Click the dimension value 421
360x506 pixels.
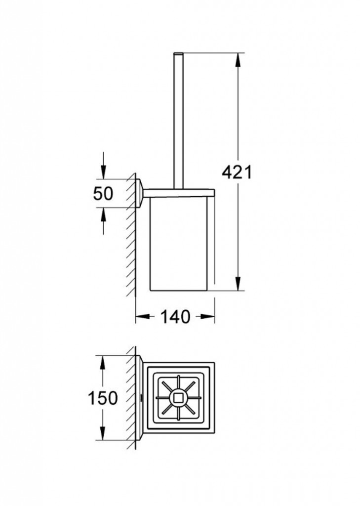pos(237,172)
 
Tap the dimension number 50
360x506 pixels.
pos(103,193)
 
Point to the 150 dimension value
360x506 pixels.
pos(103,398)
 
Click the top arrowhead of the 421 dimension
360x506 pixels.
pos(238,59)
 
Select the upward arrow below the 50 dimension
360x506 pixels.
pos(103,213)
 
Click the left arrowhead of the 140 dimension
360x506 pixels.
pos(140,317)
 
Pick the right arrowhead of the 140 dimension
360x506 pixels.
pos(209,317)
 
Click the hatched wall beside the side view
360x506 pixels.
pos(131,237)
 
